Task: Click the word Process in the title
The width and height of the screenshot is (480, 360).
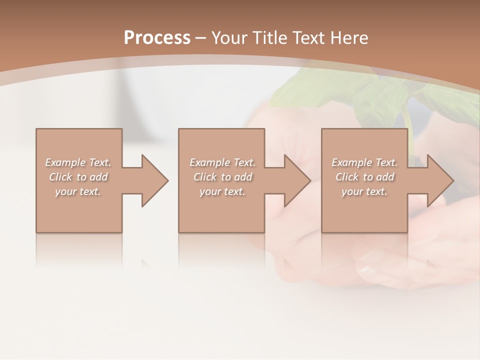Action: tap(157, 38)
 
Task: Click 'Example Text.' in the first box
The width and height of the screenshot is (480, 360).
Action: tap(78, 162)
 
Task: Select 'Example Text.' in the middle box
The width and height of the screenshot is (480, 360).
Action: tap(222, 162)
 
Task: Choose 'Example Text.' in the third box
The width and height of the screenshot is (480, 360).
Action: tap(364, 162)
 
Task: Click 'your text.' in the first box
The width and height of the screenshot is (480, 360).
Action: tap(78, 191)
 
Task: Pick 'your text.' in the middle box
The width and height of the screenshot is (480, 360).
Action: tap(222, 191)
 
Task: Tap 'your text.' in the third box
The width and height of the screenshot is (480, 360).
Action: tap(364, 191)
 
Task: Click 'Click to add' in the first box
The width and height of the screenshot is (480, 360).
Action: tap(78, 177)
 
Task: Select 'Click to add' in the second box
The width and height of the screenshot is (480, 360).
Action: tap(222, 177)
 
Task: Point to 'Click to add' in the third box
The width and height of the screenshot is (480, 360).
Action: tap(364, 177)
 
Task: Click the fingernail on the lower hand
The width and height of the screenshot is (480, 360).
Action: tap(368, 270)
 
